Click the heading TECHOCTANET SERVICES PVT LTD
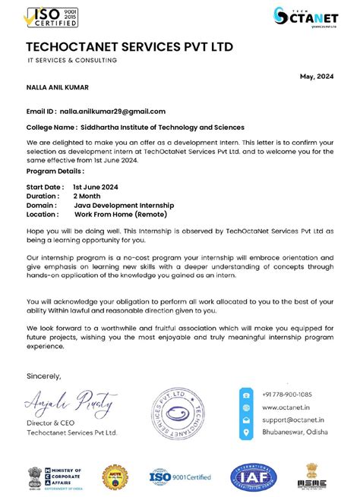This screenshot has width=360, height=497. point(129,47)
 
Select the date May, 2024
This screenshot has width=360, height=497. point(317,77)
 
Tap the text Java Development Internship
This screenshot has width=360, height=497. point(124,205)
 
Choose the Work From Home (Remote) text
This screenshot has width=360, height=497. point(120,215)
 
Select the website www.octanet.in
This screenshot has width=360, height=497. point(283,407)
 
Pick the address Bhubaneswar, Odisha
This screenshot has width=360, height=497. point(292,433)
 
